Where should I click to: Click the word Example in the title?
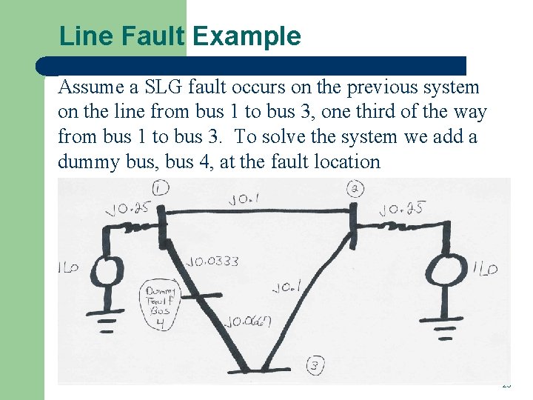(247, 36)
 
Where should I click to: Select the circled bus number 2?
(355, 189)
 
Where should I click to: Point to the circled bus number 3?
(315, 365)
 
